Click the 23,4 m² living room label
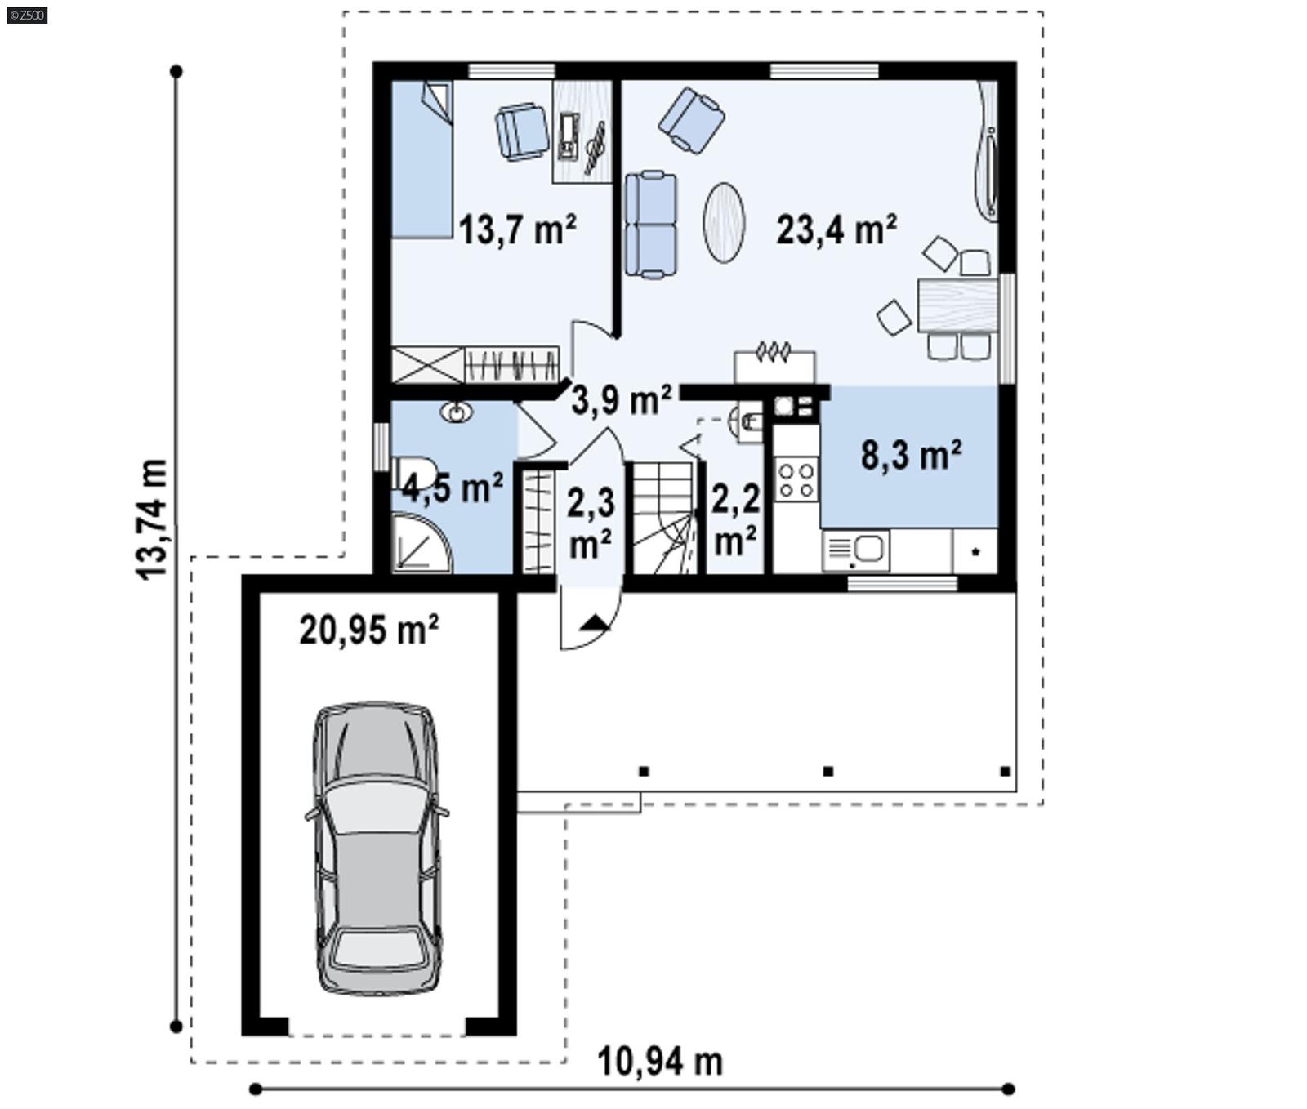836,229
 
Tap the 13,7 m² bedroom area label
517,229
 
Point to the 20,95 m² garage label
369,630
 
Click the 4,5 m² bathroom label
452,488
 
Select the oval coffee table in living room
724,222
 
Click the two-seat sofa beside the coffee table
651,225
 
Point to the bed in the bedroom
422,160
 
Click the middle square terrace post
827,771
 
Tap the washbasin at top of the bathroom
456,412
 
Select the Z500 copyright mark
26,15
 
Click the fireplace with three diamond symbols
774,364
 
